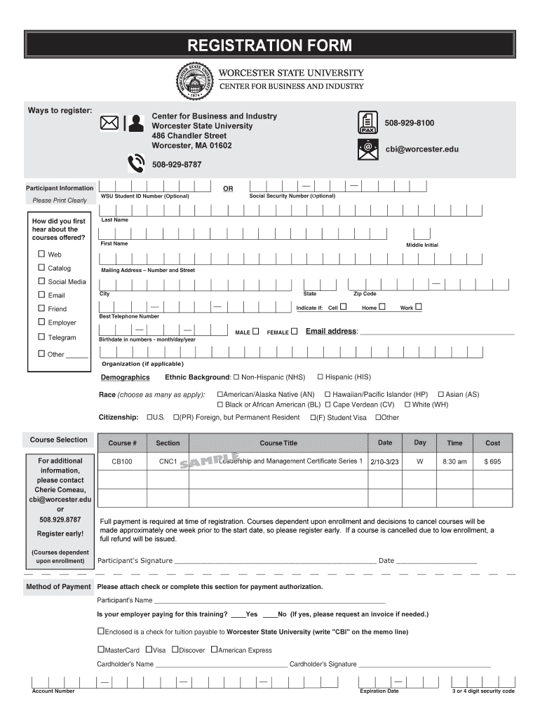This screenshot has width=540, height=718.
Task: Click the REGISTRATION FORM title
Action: [x=269, y=46]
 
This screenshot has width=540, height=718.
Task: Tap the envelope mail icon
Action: [x=109, y=123]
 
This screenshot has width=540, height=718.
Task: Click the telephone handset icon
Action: [x=135, y=164]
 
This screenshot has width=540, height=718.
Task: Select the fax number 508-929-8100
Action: [x=409, y=123]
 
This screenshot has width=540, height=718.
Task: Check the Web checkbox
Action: [x=41, y=254]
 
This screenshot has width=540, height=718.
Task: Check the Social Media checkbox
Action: [x=41, y=281]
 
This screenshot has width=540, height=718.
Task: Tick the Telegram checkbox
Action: [x=41, y=337]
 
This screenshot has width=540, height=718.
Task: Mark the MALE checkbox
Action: [x=256, y=332]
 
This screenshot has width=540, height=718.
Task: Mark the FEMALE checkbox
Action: [x=294, y=332]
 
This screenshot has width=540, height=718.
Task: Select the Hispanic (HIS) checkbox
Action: [x=320, y=377]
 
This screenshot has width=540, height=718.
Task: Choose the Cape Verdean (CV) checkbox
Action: [x=327, y=405]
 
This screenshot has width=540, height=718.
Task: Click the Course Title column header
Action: [x=278, y=443]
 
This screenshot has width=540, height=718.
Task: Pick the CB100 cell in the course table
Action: [x=122, y=462]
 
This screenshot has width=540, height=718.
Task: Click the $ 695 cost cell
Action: [x=492, y=462]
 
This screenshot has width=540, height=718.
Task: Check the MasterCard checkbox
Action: [x=100, y=650]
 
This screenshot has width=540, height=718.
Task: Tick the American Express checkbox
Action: [x=214, y=650]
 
